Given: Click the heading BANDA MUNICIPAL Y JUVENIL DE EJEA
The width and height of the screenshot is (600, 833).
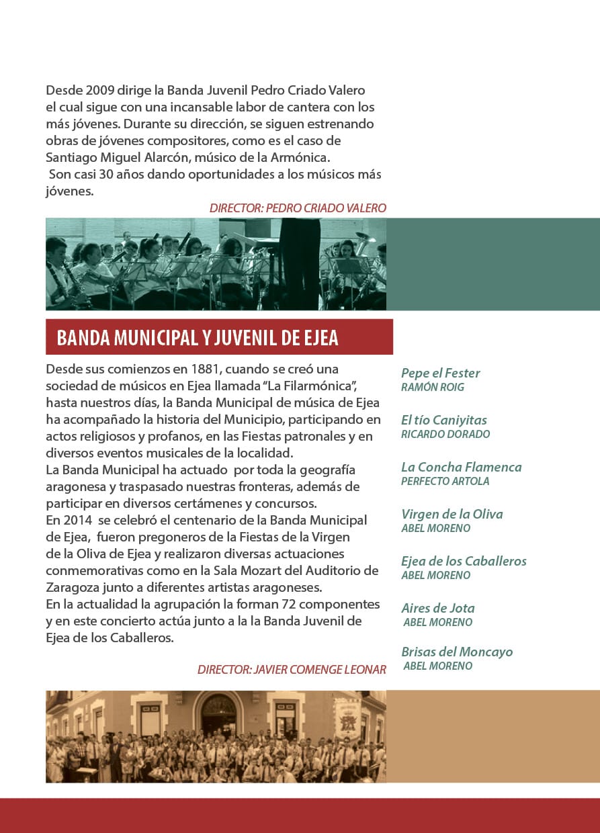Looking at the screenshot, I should pyautogui.click(x=198, y=337).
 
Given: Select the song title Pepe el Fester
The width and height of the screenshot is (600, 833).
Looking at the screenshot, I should pyautogui.click(x=440, y=373).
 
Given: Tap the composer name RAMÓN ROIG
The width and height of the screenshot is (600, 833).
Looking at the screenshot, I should pyautogui.click(x=432, y=387).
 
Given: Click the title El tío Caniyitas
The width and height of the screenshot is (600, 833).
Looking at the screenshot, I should pyautogui.click(x=443, y=420).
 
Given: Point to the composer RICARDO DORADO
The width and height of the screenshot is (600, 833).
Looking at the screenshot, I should pyautogui.click(x=445, y=434).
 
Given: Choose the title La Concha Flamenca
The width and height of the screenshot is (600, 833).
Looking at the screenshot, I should pyautogui.click(x=461, y=467).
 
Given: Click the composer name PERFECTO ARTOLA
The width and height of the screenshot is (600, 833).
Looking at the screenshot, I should pyautogui.click(x=445, y=481).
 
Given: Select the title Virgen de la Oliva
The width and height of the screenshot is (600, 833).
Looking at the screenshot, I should pyautogui.click(x=452, y=514).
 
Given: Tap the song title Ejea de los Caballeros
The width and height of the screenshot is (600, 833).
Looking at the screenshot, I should pyautogui.click(x=464, y=561).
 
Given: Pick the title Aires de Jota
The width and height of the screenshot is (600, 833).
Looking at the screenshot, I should pyautogui.click(x=437, y=608).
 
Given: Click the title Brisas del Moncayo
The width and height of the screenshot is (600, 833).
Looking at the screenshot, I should pyautogui.click(x=456, y=652).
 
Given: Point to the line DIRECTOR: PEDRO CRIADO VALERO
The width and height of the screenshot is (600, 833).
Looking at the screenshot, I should pyautogui.click(x=298, y=208).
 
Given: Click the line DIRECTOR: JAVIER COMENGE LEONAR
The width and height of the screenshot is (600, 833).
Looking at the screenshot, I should pyautogui.click(x=292, y=670).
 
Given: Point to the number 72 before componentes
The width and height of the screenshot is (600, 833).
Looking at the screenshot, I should pyautogui.click(x=290, y=604).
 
